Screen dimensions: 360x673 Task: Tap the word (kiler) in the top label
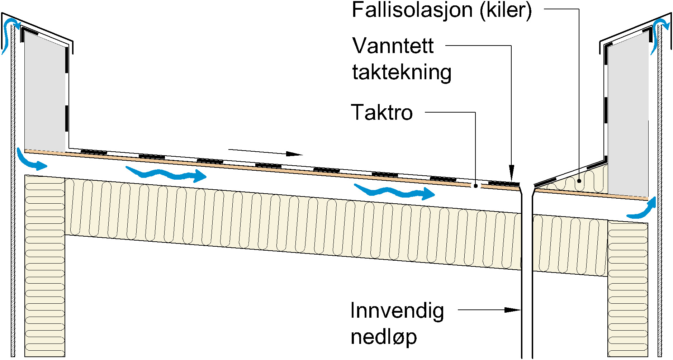[x=506, y=10]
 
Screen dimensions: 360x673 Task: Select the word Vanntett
[x=393, y=46]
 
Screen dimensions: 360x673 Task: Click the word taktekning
[x=402, y=72]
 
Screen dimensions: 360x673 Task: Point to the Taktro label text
[x=382, y=112]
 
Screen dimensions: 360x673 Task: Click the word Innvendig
[x=397, y=311]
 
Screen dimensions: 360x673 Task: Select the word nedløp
[x=384, y=337]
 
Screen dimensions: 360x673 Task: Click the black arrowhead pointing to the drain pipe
[x=512, y=310]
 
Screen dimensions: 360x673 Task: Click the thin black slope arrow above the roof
[x=265, y=152]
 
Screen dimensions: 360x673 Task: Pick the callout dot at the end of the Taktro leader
[x=475, y=186]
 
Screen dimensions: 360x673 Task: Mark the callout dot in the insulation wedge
[x=579, y=181]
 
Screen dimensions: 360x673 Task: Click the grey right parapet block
[x=627, y=118]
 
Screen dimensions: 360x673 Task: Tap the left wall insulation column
[x=44, y=265]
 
